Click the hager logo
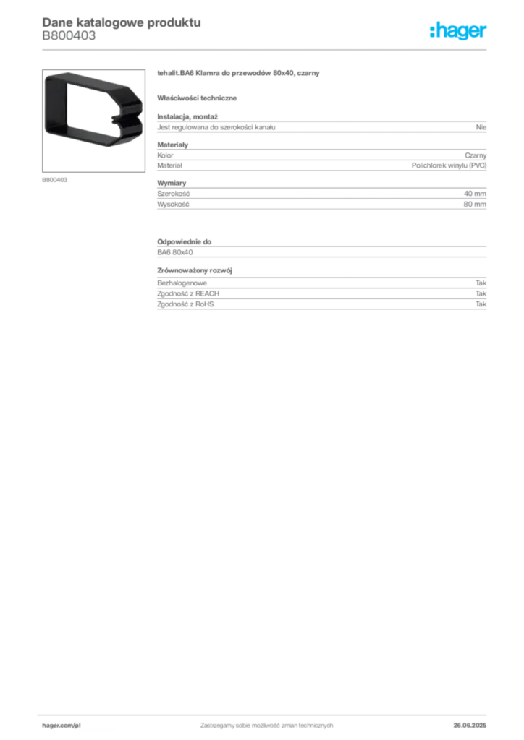458,31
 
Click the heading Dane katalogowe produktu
122,22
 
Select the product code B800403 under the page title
69,36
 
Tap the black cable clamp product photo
93,110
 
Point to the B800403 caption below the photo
55,180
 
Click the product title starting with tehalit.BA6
238,73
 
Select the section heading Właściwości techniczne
197,98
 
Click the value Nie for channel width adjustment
481,127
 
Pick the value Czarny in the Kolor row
476,155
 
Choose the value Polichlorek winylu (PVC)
449,165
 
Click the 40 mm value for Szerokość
475,194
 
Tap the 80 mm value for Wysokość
475,205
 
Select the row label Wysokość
173,205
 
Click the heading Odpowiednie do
185,241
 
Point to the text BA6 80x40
175,252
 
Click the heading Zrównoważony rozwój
195,271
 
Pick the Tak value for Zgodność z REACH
481,293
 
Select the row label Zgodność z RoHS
185,304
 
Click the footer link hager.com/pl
62,726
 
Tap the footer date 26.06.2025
470,726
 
